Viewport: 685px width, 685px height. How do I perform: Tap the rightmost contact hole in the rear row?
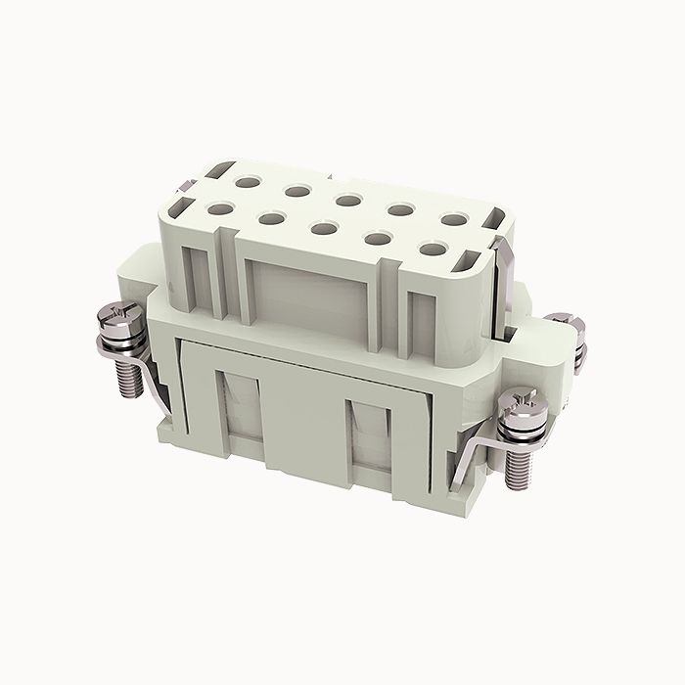pyautogui.click(x=453, y=221)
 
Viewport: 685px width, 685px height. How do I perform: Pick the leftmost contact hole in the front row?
pyautogui.click(x=218, y=207)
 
